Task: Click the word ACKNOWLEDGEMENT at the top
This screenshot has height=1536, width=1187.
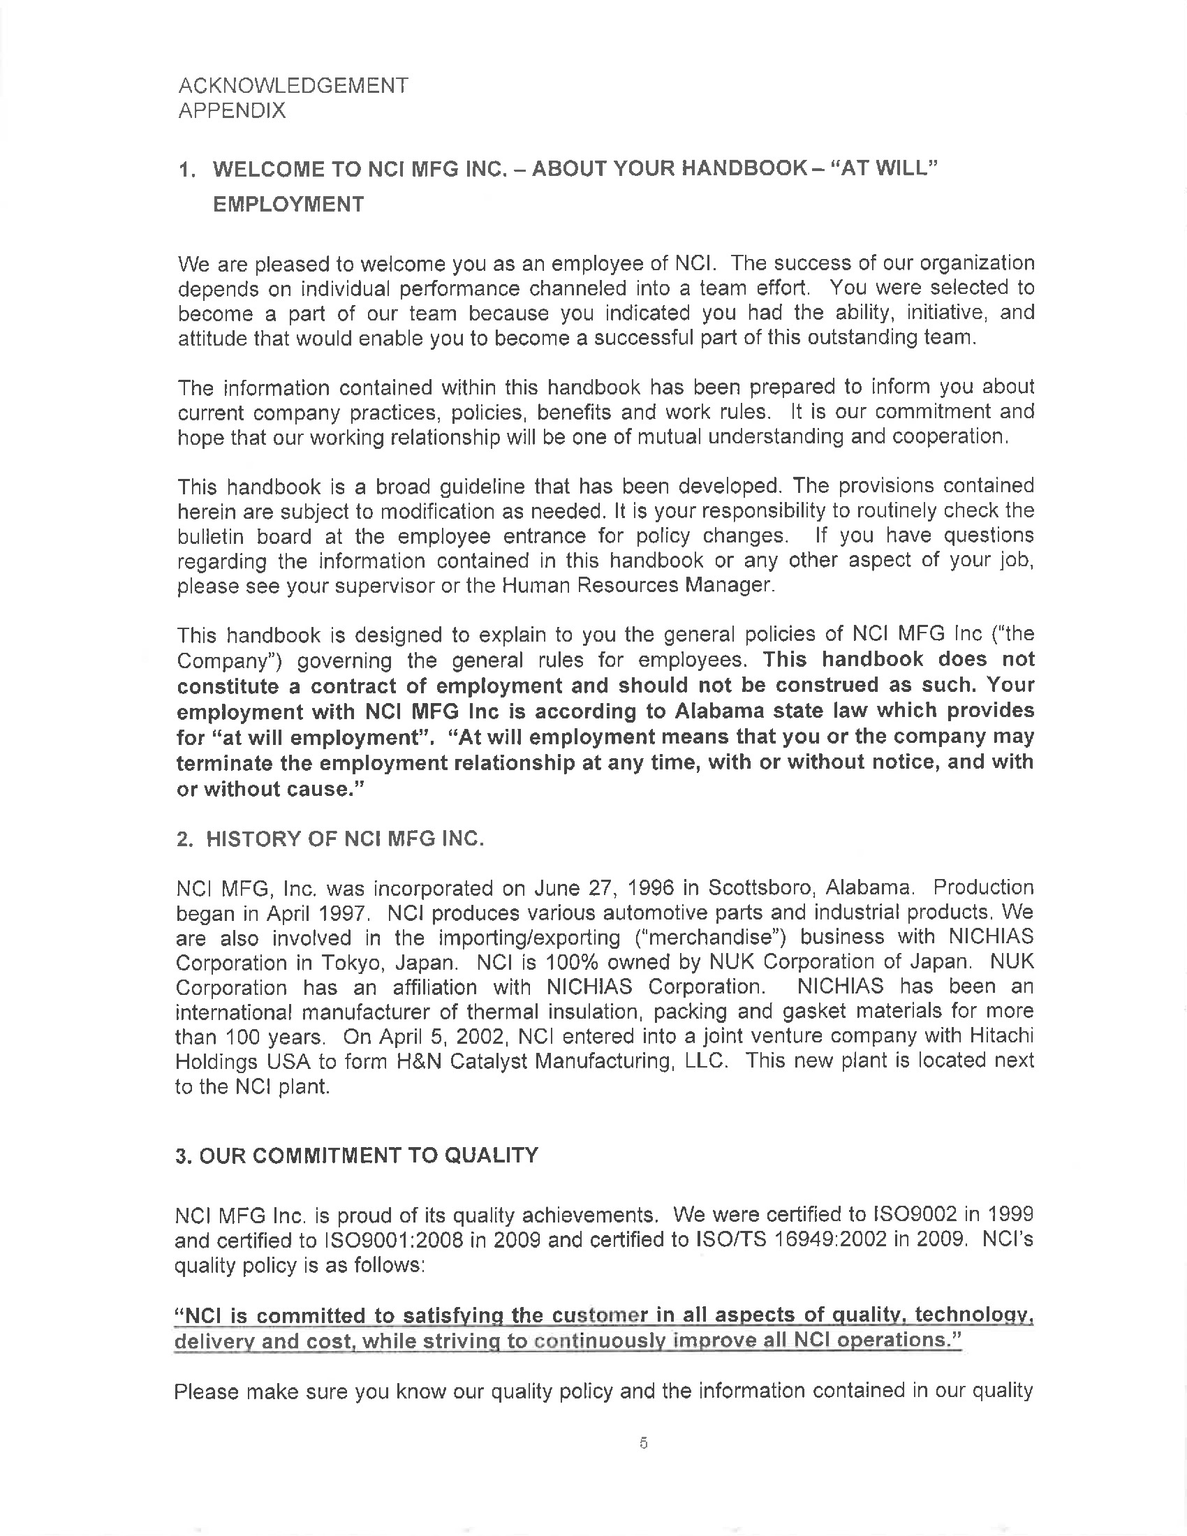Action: [293, 86]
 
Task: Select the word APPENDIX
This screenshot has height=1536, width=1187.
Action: [232, 111]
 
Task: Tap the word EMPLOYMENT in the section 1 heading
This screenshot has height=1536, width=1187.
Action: [288, 204]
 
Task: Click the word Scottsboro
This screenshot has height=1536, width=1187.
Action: [761, 887]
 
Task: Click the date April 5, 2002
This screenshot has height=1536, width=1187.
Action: [445, 1037]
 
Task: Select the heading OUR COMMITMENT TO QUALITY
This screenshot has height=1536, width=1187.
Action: [369, 1155]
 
